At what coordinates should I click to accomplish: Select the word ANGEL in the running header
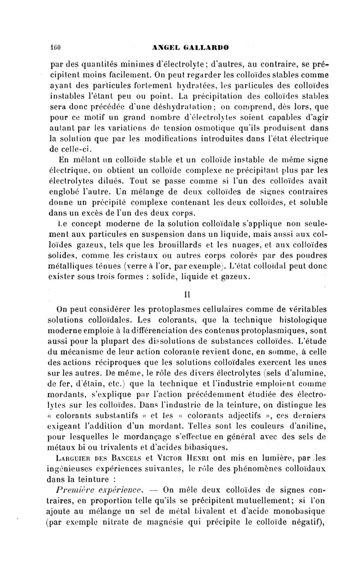click(167, 46)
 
